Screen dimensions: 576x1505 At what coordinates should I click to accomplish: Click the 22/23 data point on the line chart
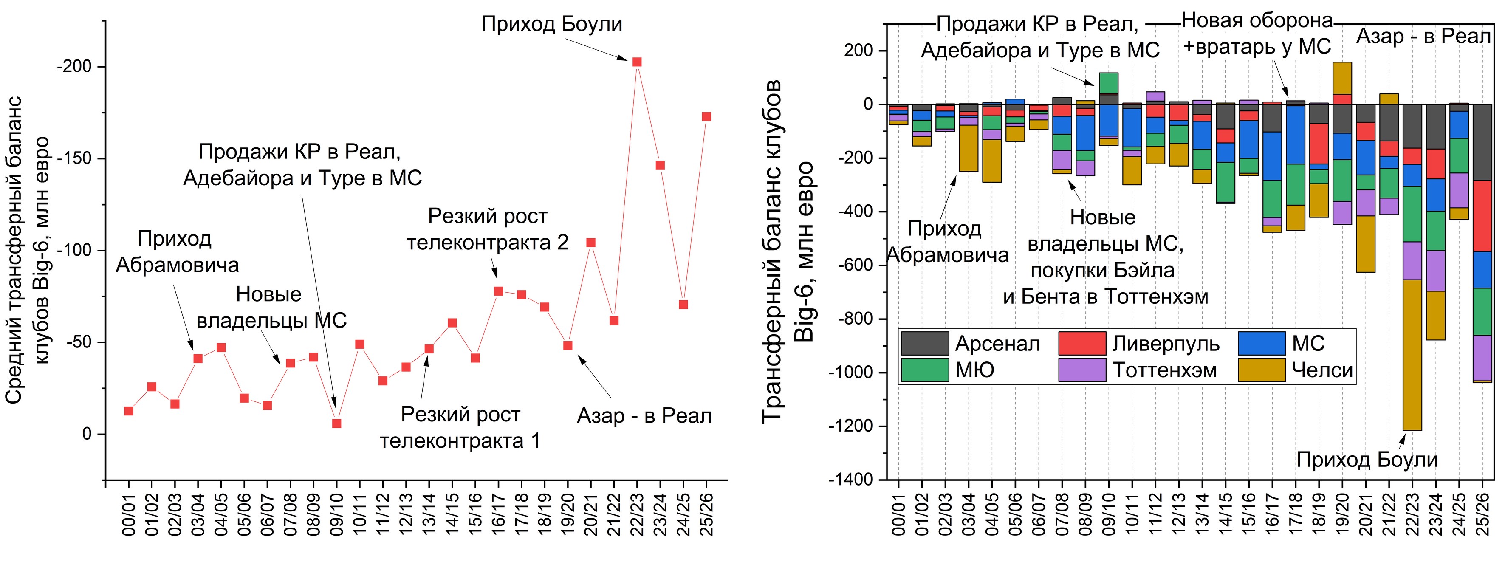tap(637, 62)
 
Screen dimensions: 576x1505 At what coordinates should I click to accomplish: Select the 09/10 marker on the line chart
tap(336, 424)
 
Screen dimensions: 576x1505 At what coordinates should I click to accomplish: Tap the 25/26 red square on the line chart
tap(706, 117)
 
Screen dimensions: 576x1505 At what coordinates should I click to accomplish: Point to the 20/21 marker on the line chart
tap(591, 243)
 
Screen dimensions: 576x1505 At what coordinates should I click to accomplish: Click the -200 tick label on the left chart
tap(74, 67)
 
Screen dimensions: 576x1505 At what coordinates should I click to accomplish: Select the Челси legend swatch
tap(1261, 370)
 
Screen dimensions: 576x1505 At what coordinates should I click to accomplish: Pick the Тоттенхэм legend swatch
tap(1082, 370)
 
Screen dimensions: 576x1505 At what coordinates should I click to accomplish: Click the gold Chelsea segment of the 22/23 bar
tap(1412, 355)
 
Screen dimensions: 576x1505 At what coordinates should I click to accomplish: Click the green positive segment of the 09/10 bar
tap(1108, 83)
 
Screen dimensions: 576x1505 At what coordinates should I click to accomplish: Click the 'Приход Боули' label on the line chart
tap(551, 24)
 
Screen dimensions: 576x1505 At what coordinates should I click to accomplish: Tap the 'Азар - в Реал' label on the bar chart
tap(1423, 36)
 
